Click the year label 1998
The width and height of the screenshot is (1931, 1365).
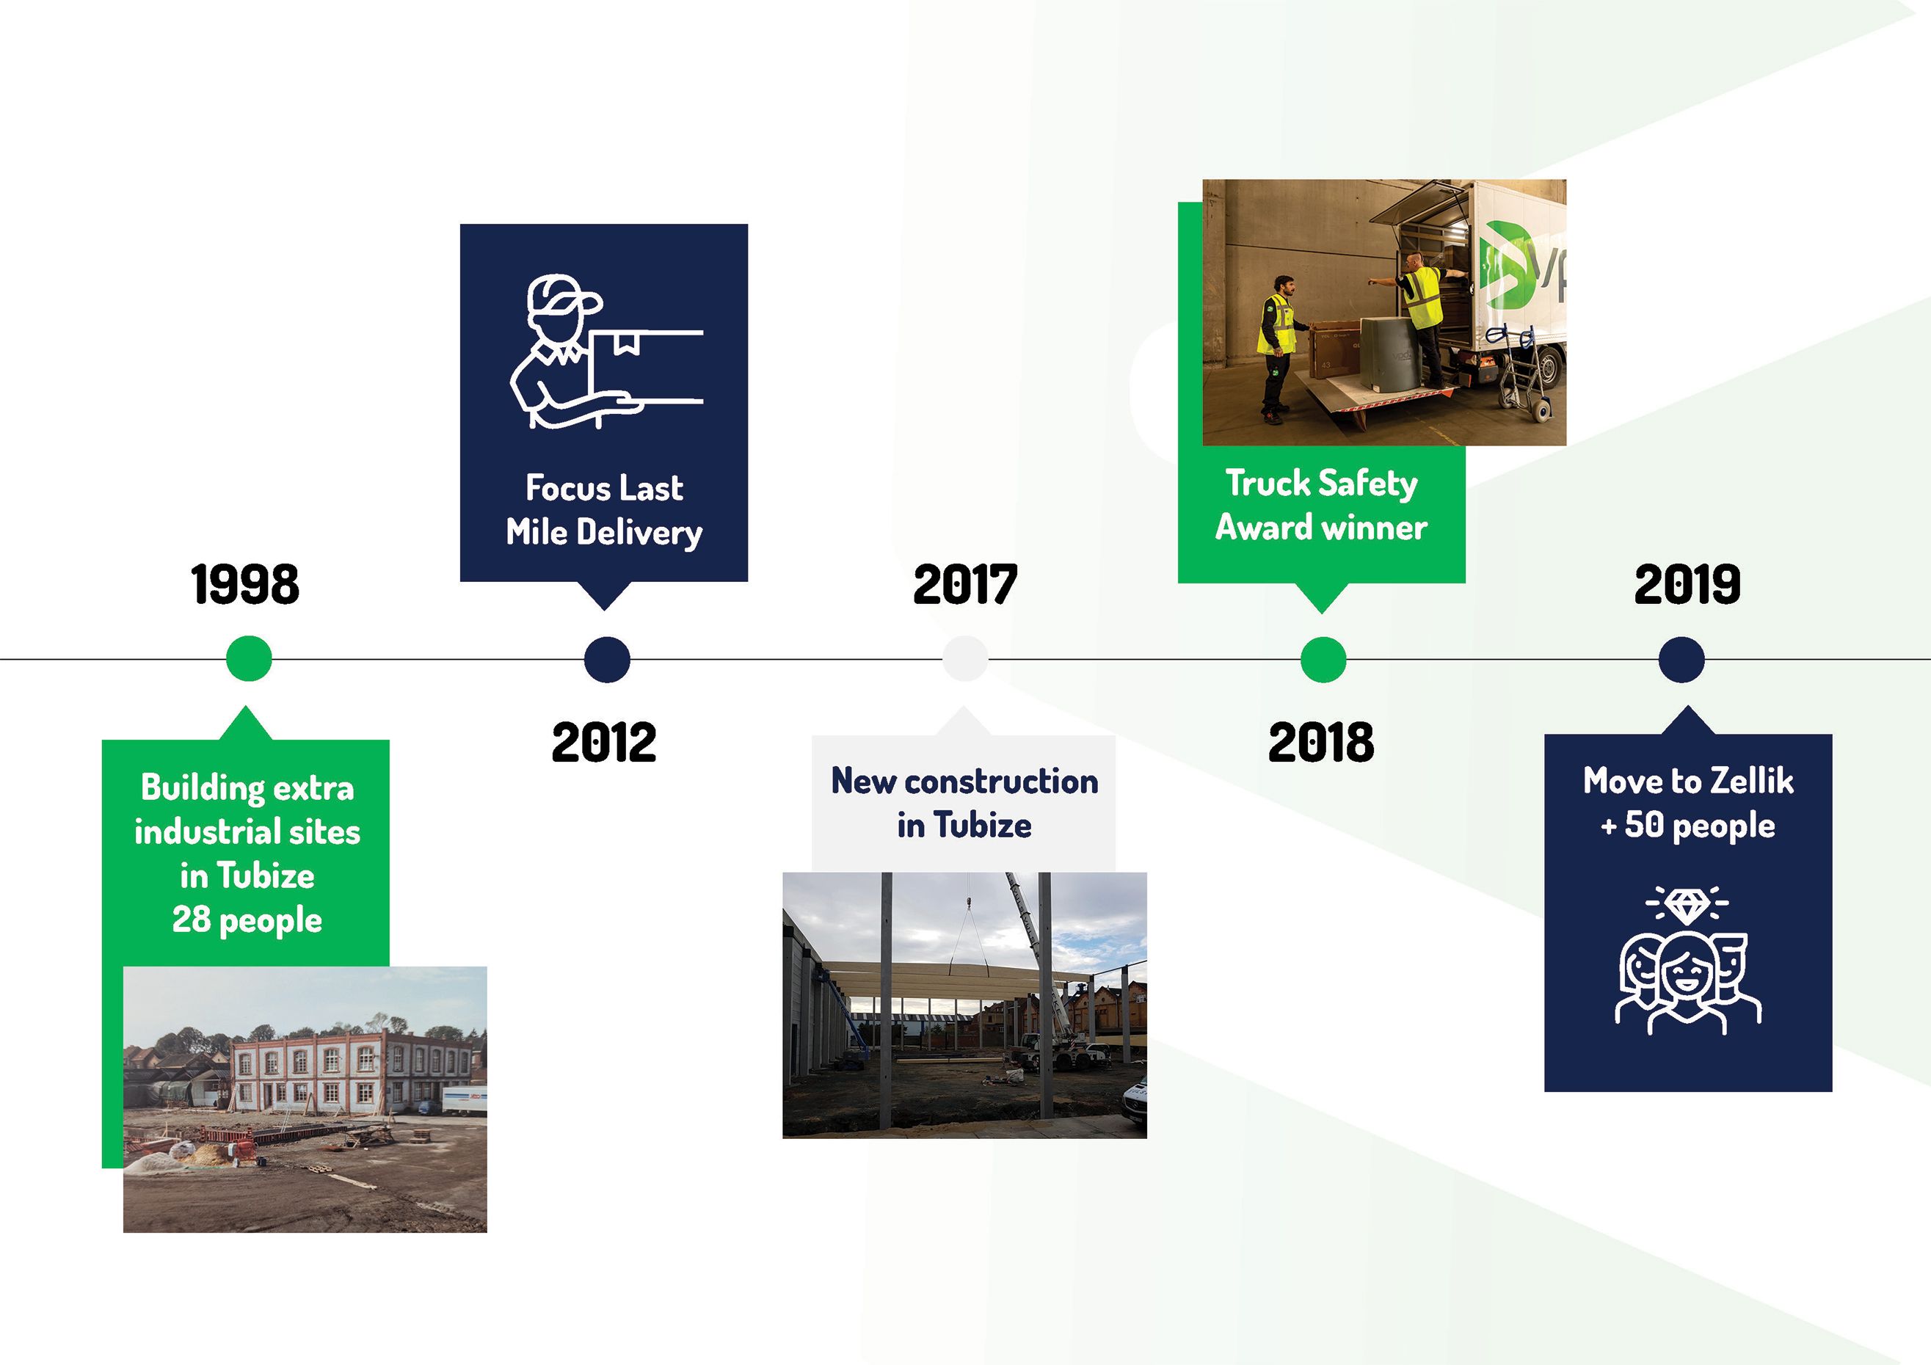point(244,584)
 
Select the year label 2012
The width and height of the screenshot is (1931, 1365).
point(604,742)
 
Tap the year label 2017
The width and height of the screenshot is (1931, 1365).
point(964,584)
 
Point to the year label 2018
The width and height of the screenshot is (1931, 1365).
point(1321,742)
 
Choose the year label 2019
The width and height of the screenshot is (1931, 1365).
point(1687,584)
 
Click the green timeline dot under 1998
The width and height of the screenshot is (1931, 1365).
point(249,658)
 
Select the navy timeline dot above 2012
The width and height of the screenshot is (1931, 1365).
point(607,658)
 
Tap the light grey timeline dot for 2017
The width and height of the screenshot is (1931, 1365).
point(964,658)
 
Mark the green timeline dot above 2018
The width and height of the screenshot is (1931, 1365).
point(1323,658)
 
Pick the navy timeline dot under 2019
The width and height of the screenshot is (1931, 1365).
point(1681,658)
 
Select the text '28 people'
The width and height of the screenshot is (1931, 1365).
point(247,920)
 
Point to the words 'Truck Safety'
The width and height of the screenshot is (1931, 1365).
point(1321,484)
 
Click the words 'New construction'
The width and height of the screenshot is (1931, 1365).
point(964,782)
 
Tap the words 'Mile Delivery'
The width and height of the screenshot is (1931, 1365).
point(604,532)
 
